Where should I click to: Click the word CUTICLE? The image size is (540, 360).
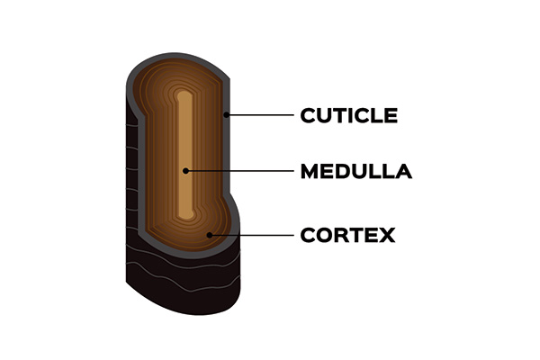[347, 115]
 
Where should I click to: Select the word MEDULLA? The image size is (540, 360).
[355, 171]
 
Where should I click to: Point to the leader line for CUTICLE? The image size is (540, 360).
[260, 115]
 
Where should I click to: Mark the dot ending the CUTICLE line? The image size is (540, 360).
[228, 115]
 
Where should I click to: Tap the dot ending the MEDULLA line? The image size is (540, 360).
[185, 171]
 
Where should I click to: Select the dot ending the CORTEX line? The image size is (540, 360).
[210, 236]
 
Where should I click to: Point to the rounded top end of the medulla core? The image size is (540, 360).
[184, 93]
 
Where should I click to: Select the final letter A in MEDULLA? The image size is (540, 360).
[403, 171]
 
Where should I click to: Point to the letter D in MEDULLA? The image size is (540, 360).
[340, 171]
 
